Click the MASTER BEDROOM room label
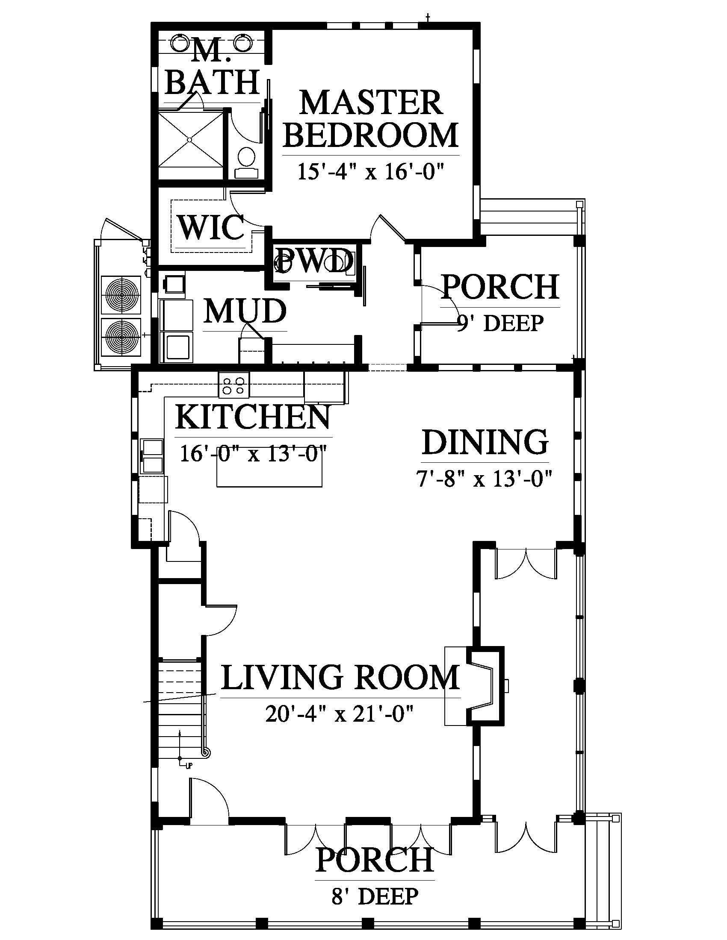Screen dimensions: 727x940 click(x=371, y=118)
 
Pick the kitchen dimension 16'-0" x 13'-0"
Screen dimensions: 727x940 click(x=253, y=453)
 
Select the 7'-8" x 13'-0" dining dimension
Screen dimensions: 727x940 click(x=484, y=478)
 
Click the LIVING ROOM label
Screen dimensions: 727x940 click(x=340, y=677)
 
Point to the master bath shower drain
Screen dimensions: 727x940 click(x=189, y=139)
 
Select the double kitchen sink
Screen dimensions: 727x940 click(x=153, y=456)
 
